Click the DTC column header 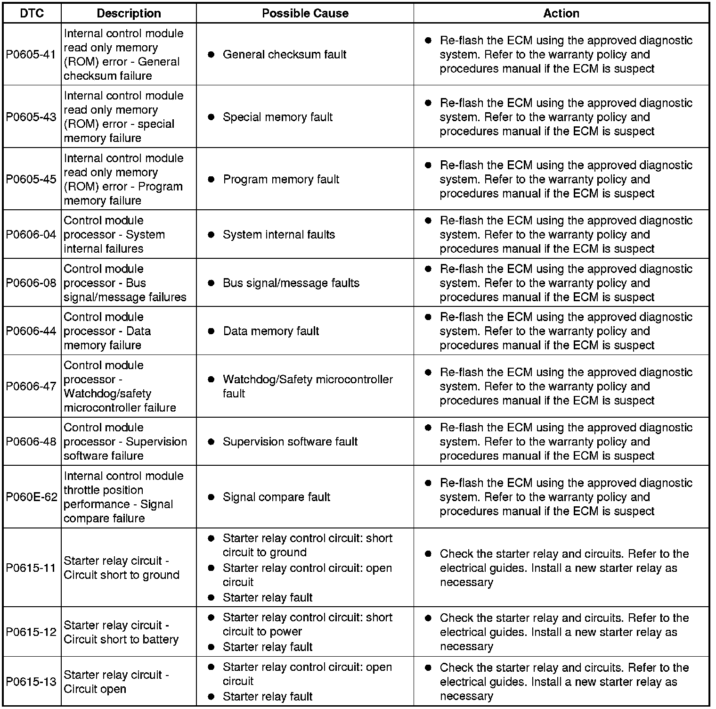(32, 13)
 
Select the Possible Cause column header (305, 13)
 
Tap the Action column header (561, 13)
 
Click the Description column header (129, 13)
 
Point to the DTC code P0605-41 (31, 54)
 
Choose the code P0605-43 (31, 117)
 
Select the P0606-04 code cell (31, 234)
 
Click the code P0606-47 (31, 386)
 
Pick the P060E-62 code (32, 497)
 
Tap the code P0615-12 (31, 632)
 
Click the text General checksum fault (285, 55)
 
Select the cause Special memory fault (277, 117)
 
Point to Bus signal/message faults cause (291, 283)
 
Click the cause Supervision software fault (290, 442)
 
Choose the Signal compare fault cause (277, 497)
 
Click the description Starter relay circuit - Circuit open (116, 682)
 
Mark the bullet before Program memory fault (211, 179)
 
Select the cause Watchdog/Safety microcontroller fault (307, 386)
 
